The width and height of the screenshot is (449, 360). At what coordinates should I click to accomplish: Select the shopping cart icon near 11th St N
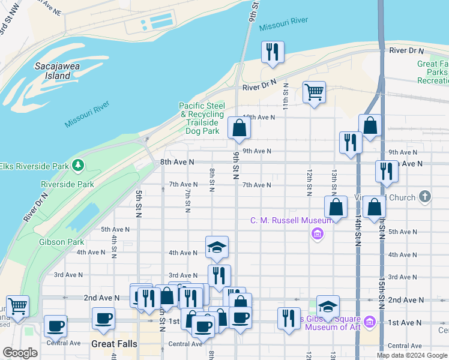coord(313,92)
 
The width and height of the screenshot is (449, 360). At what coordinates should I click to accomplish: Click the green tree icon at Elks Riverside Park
coord(77,164)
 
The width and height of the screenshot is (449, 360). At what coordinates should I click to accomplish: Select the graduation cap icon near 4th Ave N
coord(217,247)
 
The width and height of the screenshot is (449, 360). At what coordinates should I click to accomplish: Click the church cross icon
coord(424,196)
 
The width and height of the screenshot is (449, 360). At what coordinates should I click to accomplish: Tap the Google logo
coord(20,353)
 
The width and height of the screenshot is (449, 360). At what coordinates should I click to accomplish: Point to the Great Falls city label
coord(114,344)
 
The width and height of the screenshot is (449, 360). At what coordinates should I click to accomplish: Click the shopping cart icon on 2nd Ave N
coord(17,306)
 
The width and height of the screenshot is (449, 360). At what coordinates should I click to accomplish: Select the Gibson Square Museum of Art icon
coord(370,322)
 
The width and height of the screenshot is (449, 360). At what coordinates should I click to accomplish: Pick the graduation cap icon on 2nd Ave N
coord(328,306)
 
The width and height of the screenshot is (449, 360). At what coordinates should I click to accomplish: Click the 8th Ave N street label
coord(177,162)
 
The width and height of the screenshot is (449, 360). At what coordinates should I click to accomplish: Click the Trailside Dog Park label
coord(201,122)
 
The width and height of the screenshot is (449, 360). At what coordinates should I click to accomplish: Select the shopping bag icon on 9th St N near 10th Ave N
coord(239,127)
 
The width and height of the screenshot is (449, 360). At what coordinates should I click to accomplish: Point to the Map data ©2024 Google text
coord(411,355)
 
